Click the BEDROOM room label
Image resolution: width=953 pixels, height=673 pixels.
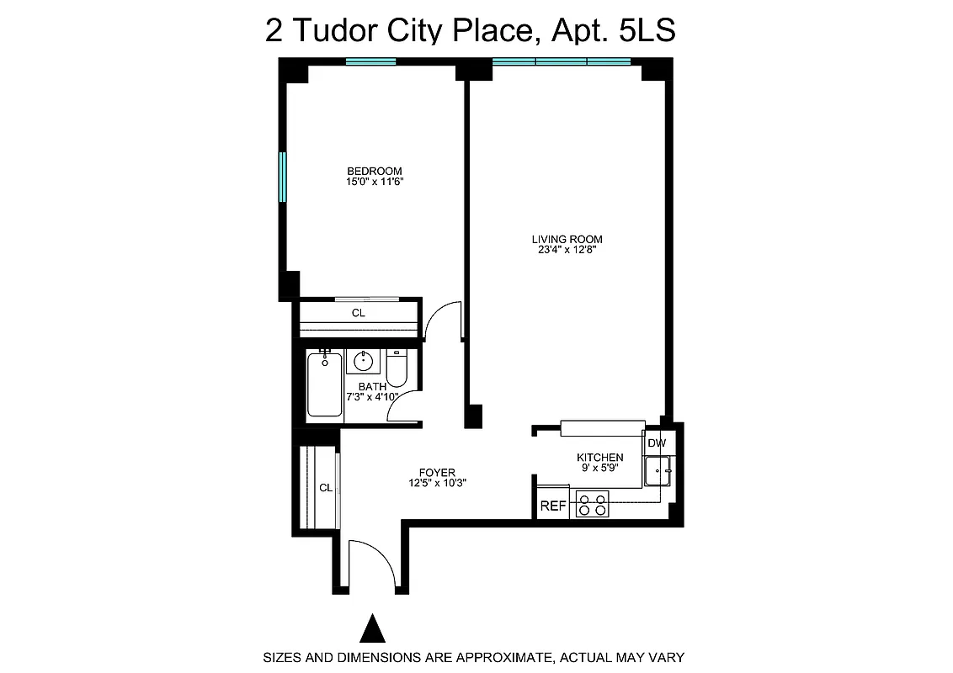pyautogui.click(x=374, y=171)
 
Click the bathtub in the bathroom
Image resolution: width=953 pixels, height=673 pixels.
pyautogui.click(x=325, y=385)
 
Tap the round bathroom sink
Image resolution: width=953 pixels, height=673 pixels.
pyautogui.click(x=364, y=362)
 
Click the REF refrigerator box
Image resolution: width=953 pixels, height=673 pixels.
pyautogui.click(x=552, y=506)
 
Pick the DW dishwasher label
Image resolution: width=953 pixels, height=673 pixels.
pyautogui.click(x=657, y=443)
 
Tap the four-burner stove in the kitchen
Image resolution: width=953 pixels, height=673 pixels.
pyautogui.click(x=592, y=505)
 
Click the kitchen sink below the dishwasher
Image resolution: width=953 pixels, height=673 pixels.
pyautogui.click(x=657, y=470)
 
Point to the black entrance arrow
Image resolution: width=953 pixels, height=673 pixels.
pyautogui.click(x=372, y=628)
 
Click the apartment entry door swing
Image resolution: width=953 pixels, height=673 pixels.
pyautogui.click(x=372, y=562)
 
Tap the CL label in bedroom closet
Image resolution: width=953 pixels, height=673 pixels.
pyautogui.click(x=358, y=313)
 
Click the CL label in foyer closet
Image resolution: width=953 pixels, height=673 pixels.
pyautogui.click(x=325, y=487)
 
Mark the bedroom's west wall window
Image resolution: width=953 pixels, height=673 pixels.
pyautogui.click(x=283, y=177)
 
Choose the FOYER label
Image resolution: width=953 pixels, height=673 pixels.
pyautogui.click(x=437, y=473)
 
